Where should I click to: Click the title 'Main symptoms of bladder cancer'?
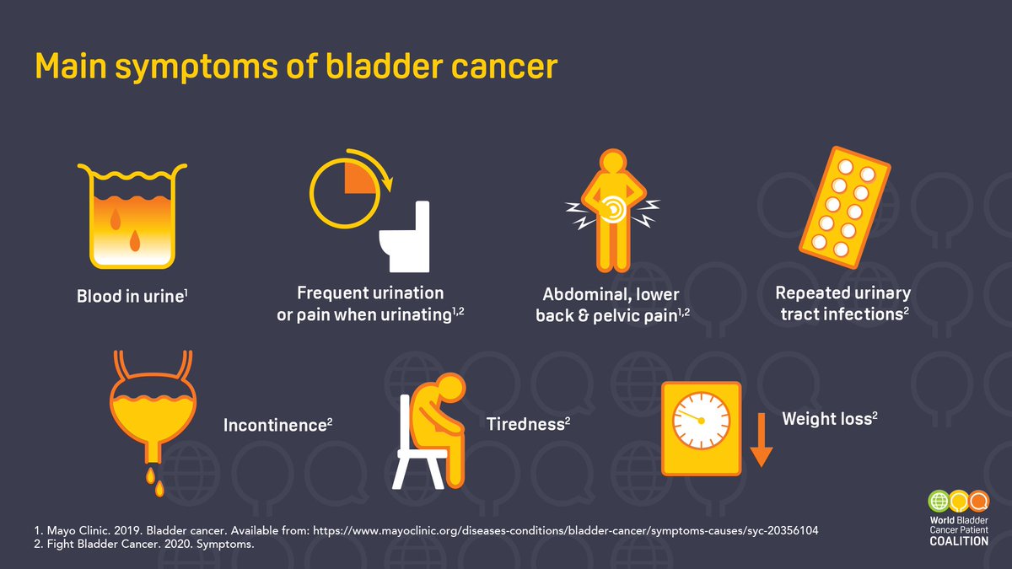point(296,67)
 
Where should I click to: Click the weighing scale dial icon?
point(701,427)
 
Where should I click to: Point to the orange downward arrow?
point(762,440)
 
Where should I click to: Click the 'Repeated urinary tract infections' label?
point(842,303)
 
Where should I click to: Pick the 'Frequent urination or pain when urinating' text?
point(370,303)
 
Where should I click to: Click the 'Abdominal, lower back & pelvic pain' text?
point(612,306)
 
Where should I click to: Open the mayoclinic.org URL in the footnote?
point(566,532)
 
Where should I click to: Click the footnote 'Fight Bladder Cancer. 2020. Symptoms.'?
point(139,545)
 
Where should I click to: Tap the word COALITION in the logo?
point(953,541)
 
